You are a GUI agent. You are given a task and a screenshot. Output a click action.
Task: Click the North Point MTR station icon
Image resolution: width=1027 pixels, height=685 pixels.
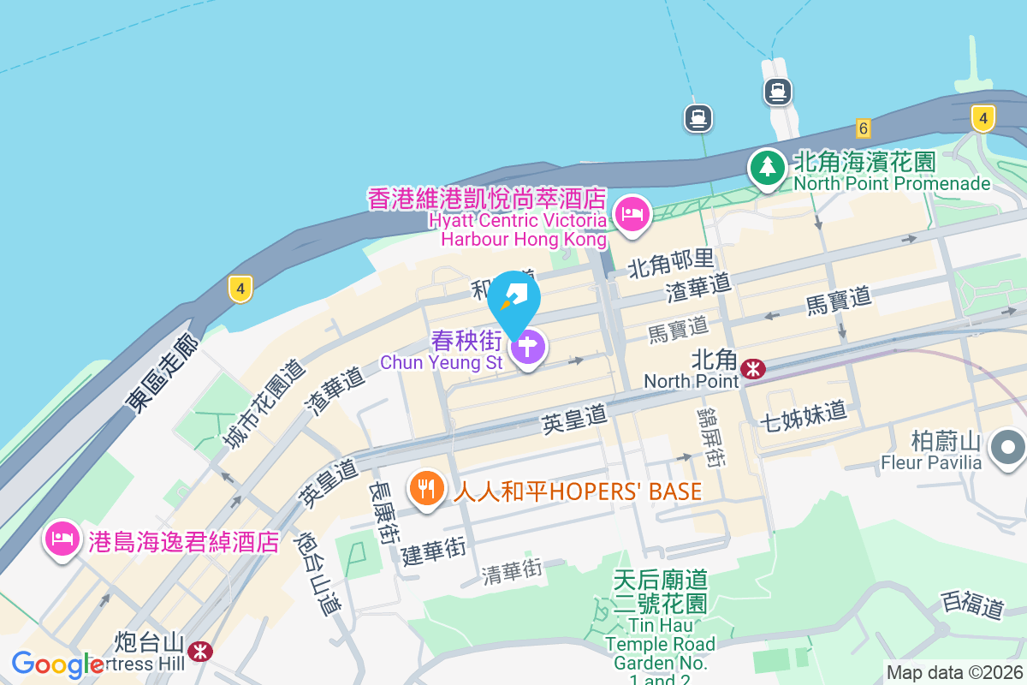click(x=753, y=368)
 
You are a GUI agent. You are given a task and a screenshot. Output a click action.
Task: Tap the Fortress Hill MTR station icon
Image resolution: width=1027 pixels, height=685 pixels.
click(x=201, y=651)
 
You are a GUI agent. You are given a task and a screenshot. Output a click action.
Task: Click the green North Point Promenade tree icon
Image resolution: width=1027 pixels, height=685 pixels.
click(x=768, y=167)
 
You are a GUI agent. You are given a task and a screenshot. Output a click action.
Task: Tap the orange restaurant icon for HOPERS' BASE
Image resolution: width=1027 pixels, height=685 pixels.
click(x=426, y=488)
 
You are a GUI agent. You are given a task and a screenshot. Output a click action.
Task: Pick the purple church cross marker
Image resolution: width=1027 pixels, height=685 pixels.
click(x=529, y=348)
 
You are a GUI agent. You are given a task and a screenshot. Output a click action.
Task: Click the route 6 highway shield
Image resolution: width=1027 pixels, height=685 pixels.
click(x=863, y=128)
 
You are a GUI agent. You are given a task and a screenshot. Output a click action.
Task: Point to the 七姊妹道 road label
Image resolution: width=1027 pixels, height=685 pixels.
click(x=803, y=414)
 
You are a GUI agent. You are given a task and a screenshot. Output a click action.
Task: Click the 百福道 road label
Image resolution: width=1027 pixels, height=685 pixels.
click(x=972, y=604)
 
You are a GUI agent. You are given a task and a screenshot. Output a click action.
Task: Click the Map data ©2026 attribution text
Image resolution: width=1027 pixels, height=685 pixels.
click(x=953, y=673)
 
